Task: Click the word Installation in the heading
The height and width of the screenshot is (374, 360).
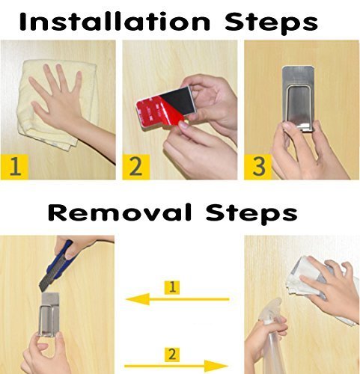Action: [115, 22]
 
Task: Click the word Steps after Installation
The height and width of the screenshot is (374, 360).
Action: [271, 23]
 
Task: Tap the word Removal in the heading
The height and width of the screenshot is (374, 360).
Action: [120, 212]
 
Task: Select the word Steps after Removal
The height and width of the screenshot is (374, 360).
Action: [251, 214]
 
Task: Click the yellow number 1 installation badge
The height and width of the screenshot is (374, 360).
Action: [14, 167]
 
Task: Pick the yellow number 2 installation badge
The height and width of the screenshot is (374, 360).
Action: [136, 167]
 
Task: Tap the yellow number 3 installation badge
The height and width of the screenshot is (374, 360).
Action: [258, 167]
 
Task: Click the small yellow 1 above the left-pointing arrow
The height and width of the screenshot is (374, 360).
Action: [172, 287]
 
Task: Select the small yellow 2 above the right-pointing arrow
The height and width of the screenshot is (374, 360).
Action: [172, 354]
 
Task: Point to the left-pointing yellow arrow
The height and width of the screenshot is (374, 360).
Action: [177, 299]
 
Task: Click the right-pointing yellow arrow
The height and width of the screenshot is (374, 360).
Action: [176, 366]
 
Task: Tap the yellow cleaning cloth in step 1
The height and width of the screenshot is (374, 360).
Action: [56, 105]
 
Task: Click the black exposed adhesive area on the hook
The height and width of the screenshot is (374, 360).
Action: [178, 99]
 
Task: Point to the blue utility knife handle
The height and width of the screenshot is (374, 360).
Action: [62, 260]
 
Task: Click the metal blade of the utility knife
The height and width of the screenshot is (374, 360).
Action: [47, 280]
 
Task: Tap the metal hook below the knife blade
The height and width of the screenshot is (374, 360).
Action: [50, 315]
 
